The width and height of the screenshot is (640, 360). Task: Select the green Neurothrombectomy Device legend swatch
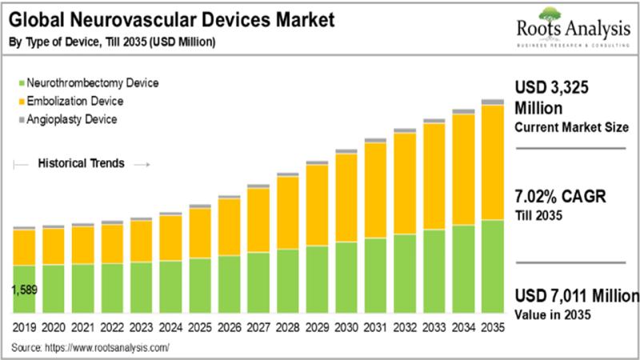tap(19, 82)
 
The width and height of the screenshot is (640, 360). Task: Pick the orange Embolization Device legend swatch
tap(19, 101)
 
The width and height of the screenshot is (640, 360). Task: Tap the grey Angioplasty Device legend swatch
tap(19, 119)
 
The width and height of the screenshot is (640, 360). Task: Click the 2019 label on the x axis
tap(24, 328)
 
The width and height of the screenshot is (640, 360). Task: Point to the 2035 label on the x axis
tap(492, 328)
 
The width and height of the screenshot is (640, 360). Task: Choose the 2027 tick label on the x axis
tap(258, 328)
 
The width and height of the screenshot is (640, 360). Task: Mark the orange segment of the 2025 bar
tap(199, 233)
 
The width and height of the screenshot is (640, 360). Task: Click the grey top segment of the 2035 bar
tap(492, 102)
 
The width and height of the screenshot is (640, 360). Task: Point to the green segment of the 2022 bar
tap(112, 287)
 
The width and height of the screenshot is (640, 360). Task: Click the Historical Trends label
tap(81, 164)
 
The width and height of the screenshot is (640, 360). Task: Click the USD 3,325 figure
tap(551, 88)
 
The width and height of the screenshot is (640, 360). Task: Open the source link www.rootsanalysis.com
tap(109, 348)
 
